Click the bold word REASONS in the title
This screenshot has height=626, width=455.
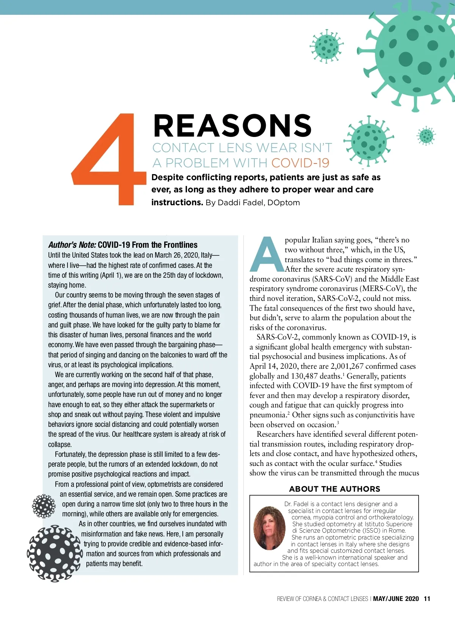click(x=232, y=126)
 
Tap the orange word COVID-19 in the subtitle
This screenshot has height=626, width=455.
click(x=300, y=163)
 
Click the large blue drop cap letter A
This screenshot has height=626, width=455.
click(x=267, y=255)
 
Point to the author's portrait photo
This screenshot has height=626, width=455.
click(x=269, y=528)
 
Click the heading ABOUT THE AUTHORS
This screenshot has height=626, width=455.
click(x=334, y=489)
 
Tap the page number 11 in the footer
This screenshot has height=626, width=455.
click(x=427, y=599)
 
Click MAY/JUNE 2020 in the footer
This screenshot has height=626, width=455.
click(x=396, y=599)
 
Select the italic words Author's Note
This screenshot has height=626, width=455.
click(x=72, y=245)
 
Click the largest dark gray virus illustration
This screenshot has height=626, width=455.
click(x=55, y=554)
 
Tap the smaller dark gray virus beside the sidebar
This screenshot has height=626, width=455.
click(x=44, y=506)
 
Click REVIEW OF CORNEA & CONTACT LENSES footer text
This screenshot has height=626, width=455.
click(x=322, y=599)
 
